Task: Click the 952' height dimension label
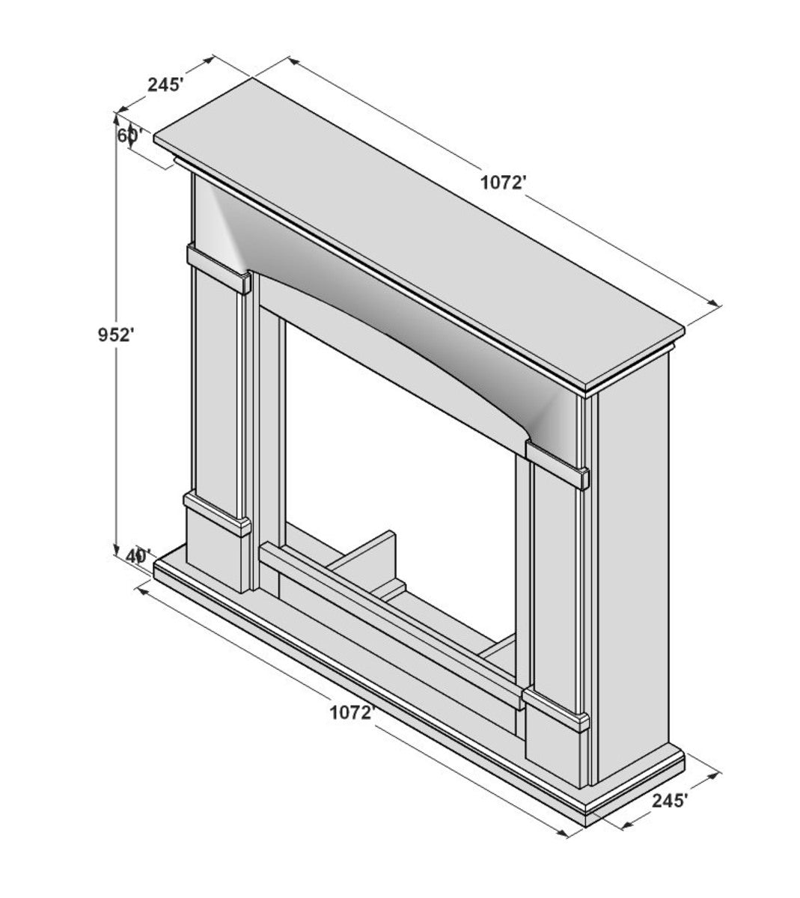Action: pyautogui.click(x=115, y=335)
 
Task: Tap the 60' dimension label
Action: pyautogui.click(x=130, y=135)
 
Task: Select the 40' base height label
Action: pyautogui.click(x=138, y=556)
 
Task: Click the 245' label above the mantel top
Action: pyautogui.click(x=165, y=85)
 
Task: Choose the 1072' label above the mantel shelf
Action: pyautogui.click(x=503, y=182)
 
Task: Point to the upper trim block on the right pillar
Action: pyautogui.click(x=558, y=465)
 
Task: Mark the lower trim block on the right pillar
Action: pyautogui.click(x=556, y=709)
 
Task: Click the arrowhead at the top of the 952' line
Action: pyautogui.click(x=117, y=120)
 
